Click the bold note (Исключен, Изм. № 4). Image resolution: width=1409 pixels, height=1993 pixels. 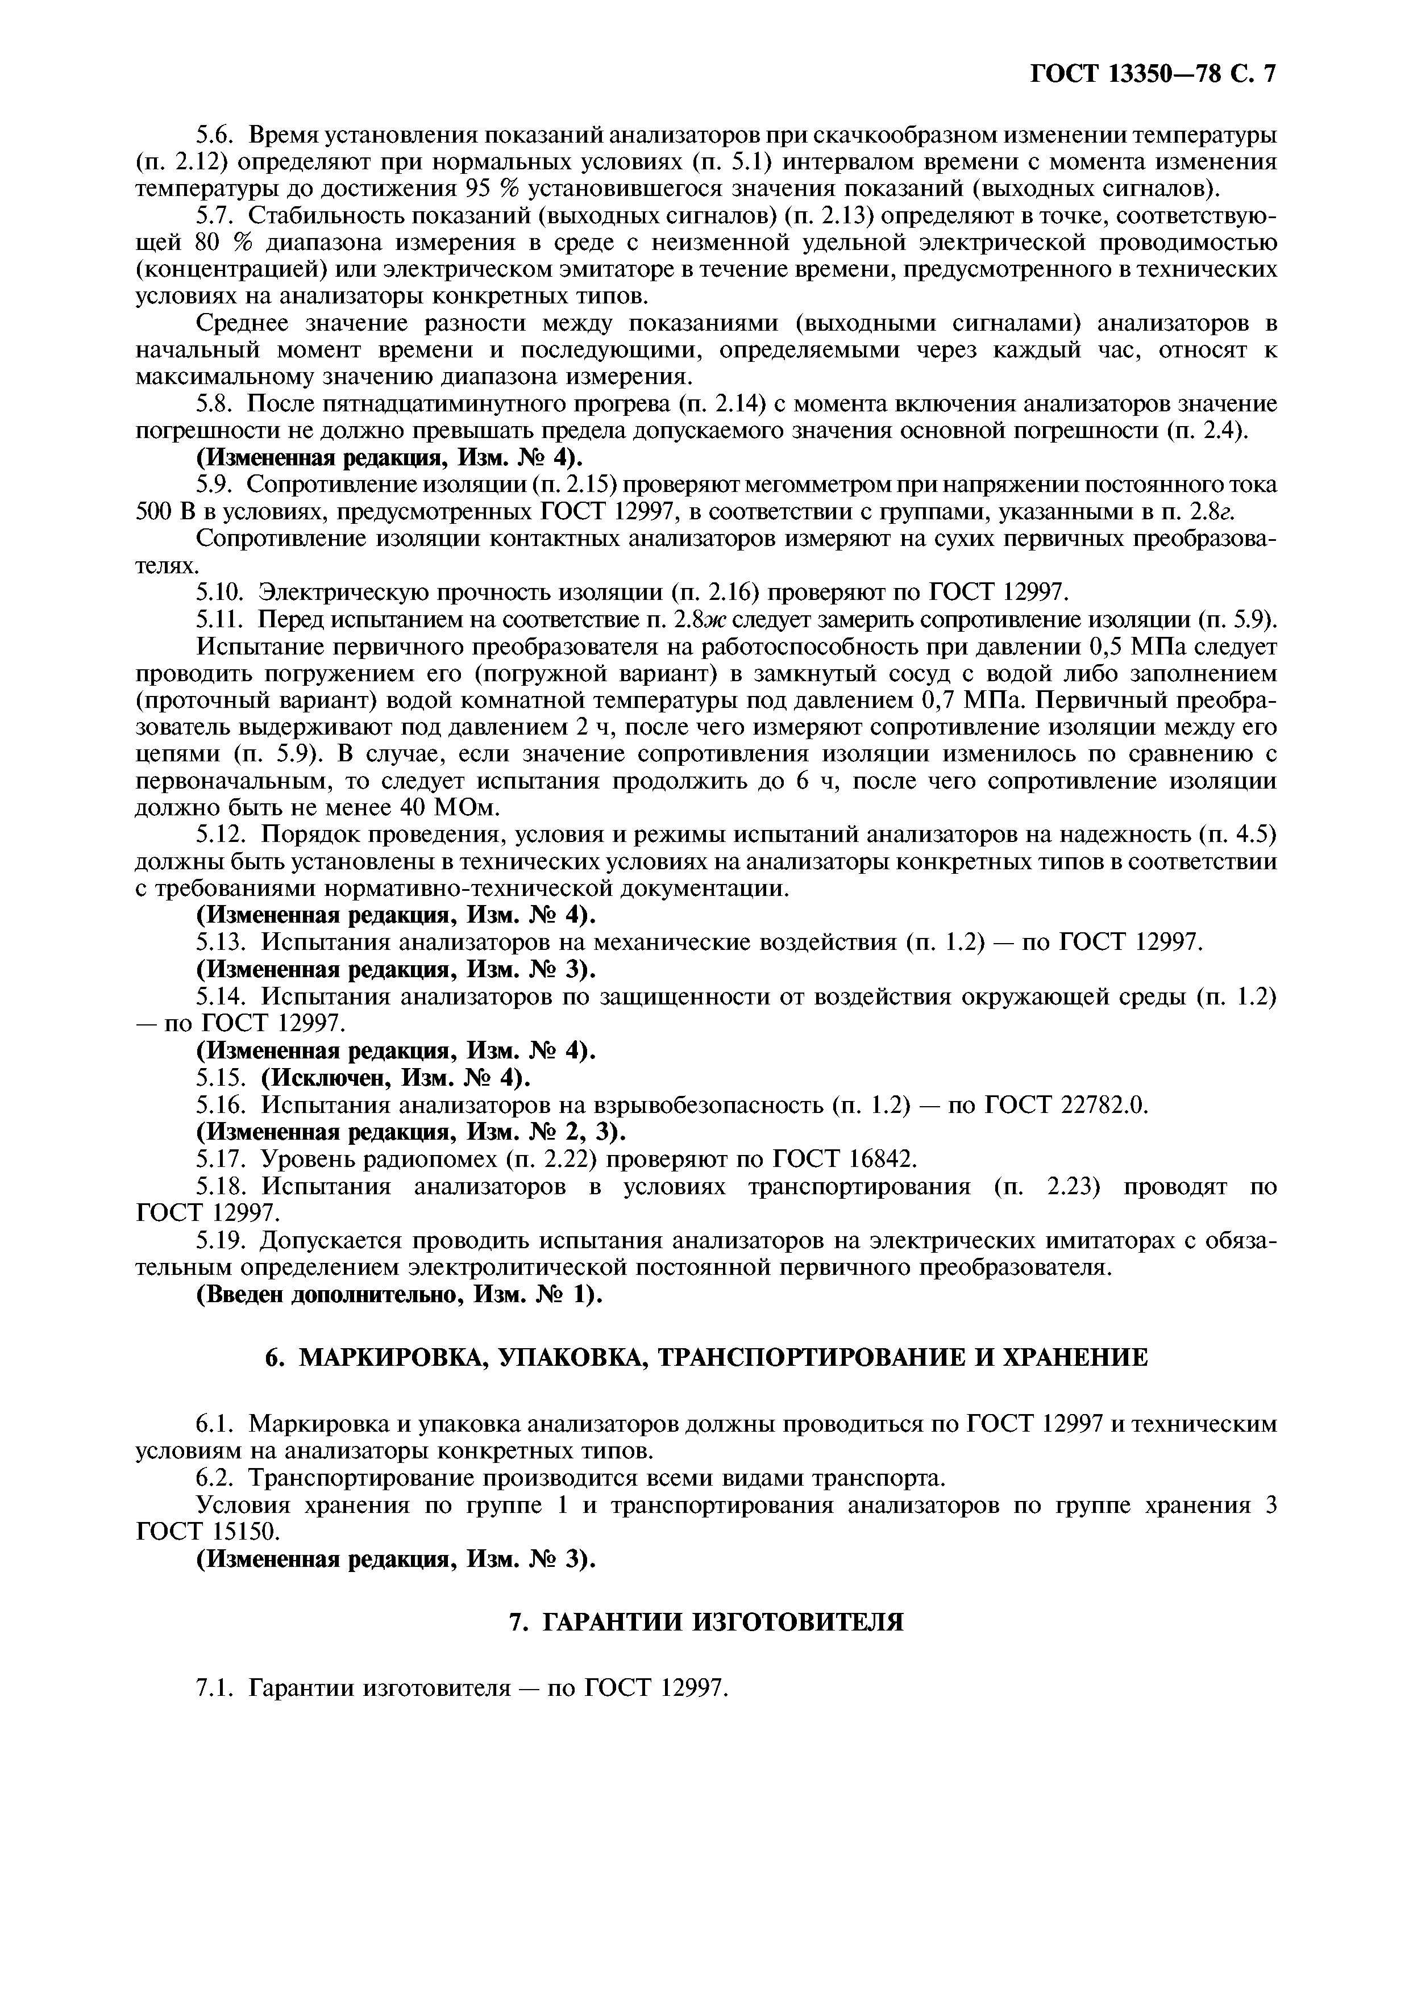[395, 1078]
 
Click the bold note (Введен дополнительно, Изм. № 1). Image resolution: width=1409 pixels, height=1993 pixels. [400, 1294]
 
